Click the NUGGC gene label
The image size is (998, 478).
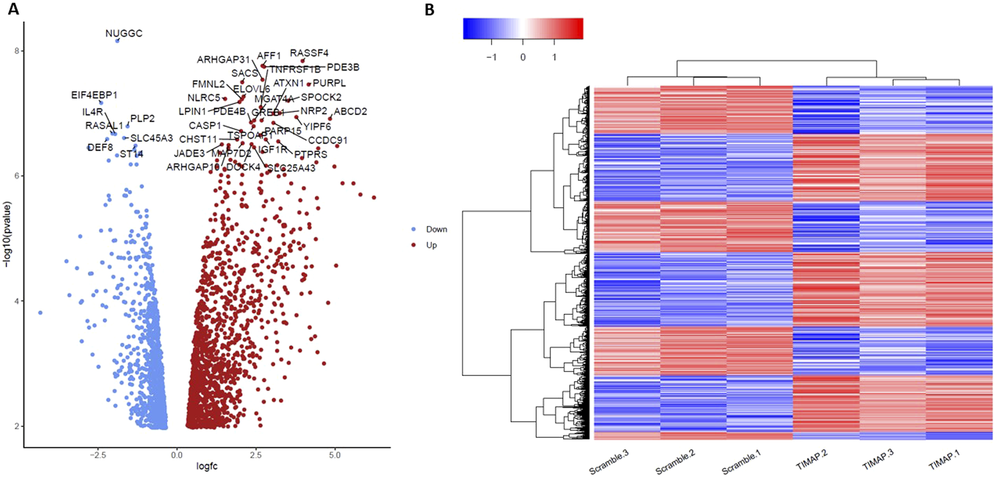(x=124, y=33)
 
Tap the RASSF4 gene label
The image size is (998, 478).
(x=309, y=53)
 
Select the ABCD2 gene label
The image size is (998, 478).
(x=350, y=112)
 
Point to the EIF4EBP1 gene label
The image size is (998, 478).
(x=94, y=95)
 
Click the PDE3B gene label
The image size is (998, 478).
(x=343, y=67)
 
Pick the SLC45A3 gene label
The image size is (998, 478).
(x=152, y=138)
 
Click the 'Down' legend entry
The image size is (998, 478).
(x=436, y=229)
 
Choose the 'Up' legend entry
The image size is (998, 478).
(x=431, y=245)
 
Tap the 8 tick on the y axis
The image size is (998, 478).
(x=17, y=51)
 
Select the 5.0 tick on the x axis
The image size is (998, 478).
(x=335, y=455)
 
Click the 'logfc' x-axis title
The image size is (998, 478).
(x=207, y=467)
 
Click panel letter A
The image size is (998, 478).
(x=13, y=9)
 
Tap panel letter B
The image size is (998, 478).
(x=430, y=9)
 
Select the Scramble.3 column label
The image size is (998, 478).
(x=609, y=463)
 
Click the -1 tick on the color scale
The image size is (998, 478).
(x=491, y=57)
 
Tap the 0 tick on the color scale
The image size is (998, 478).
(x=523, y=57)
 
